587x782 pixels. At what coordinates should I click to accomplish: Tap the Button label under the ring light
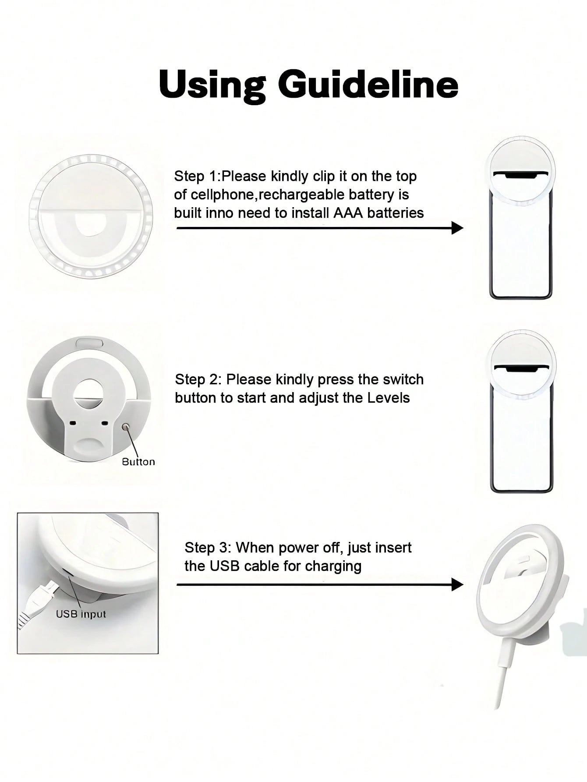click(x=138, y=462)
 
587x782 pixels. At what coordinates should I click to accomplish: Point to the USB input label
click(x=81, y=614)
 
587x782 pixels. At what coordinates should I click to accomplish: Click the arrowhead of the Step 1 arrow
click(x=457, y=228)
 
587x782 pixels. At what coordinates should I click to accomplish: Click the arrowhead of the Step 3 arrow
click(x=457, y=584)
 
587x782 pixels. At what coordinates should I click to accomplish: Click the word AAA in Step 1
click(x=348, y=213)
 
